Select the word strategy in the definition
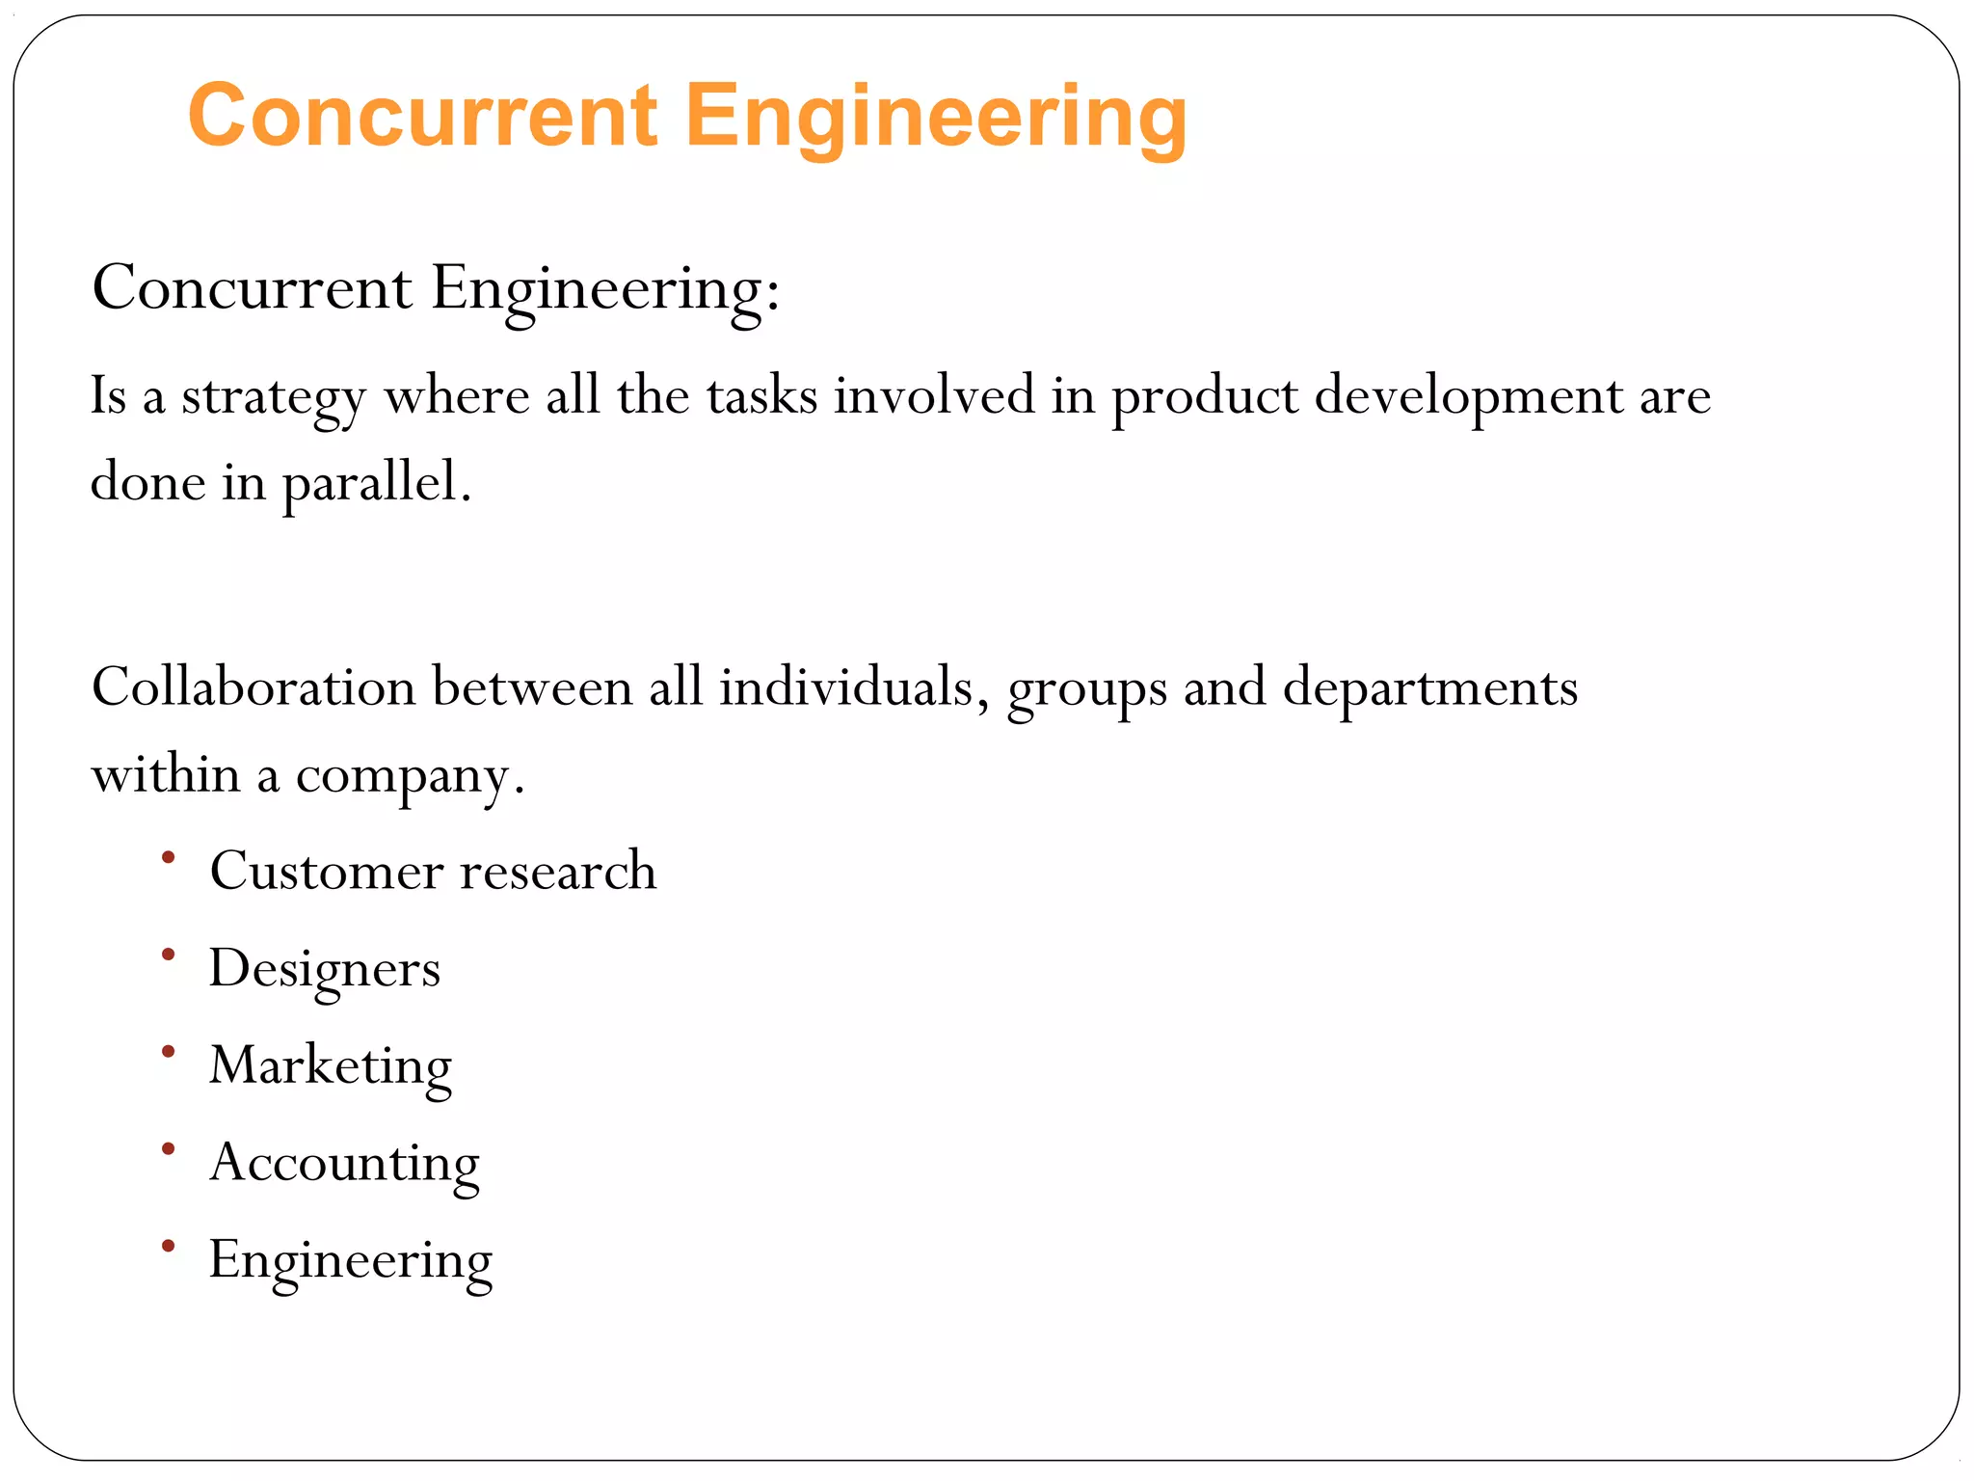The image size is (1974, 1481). [274, 397]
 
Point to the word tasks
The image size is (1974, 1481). [761, 395]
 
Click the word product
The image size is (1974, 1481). [1205, 397]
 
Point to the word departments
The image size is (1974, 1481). [1430, 688]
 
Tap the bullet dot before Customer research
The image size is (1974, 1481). [169, 857]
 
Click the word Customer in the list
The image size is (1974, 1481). [327, 871]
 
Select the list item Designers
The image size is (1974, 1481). [325, 969]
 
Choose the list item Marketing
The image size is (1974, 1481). [331, 1066]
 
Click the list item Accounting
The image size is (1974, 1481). [344, 1163]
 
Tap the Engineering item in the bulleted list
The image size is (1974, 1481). [351, 1261]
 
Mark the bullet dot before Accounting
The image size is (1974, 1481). [169, 1148]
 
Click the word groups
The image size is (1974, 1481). [1087, 690]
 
